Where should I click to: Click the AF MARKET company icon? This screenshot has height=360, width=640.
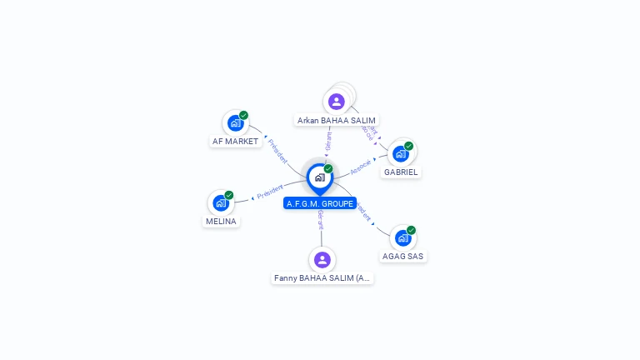coord(235,123)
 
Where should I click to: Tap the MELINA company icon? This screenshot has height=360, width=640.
coord(221,202)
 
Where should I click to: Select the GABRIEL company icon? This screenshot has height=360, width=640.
coord(401,153)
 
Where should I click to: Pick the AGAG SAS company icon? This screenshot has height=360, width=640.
coord(403,238)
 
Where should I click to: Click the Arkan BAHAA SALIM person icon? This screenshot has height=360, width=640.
coord(336,102)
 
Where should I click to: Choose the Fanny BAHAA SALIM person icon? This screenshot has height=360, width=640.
coord(322,260)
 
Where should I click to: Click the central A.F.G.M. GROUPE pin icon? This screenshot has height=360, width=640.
coord(319,177)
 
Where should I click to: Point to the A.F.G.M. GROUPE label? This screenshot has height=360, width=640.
coord(320,203)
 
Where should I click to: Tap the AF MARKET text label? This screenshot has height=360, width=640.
coord(235,142)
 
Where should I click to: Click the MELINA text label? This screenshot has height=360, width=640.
coord(221,222)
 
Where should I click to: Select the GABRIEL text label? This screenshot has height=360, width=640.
coord(401,172)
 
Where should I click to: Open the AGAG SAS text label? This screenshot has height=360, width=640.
coord(403,257)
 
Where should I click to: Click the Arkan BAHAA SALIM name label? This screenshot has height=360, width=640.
coord(337,121)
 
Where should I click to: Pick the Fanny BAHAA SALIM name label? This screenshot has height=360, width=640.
coord(322,278)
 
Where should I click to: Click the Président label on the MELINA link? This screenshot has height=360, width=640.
coord(270,192)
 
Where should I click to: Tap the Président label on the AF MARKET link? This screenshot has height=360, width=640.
coord(277,150)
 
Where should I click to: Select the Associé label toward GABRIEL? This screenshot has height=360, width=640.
coord(360,166)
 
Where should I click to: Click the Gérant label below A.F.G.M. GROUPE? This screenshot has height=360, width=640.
coord(320,220)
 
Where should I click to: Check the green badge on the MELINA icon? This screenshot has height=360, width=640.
coord(229,195)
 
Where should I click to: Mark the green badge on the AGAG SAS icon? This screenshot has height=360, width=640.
coord(411,230)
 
